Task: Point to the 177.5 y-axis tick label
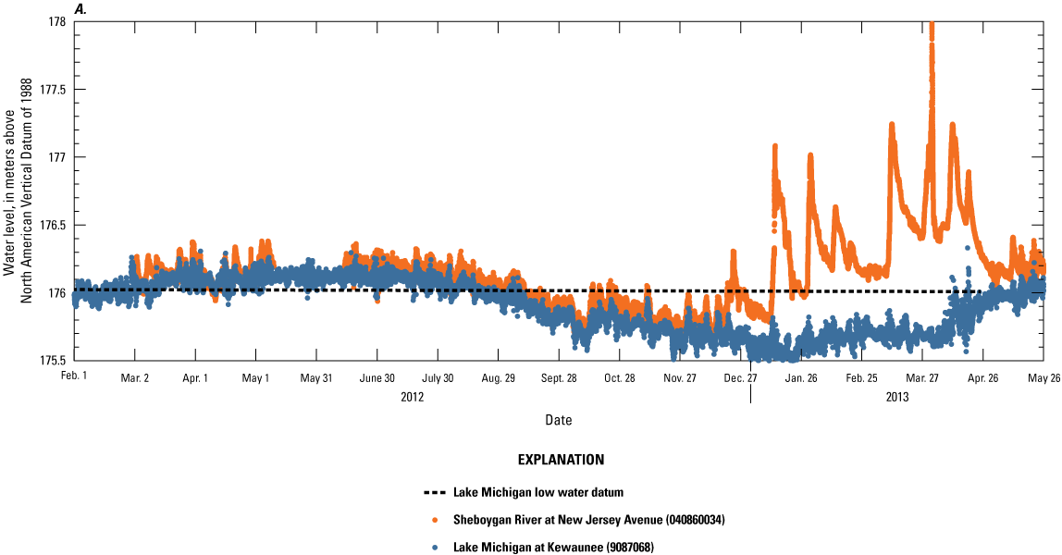click(x=50, y=89)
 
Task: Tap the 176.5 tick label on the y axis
click(x=50, y=225)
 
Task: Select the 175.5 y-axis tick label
click(x=50, y=360)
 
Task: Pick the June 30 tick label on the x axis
click(x=377, y=378)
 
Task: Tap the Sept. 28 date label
click(x=559, y=378)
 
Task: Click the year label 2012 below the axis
click(x=412, y=398)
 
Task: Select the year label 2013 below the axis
click(x=897, y=398)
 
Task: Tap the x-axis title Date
click(x=558, y=420)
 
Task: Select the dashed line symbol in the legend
click(x=433, y=492)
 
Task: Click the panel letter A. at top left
click(x=80, y=8)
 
